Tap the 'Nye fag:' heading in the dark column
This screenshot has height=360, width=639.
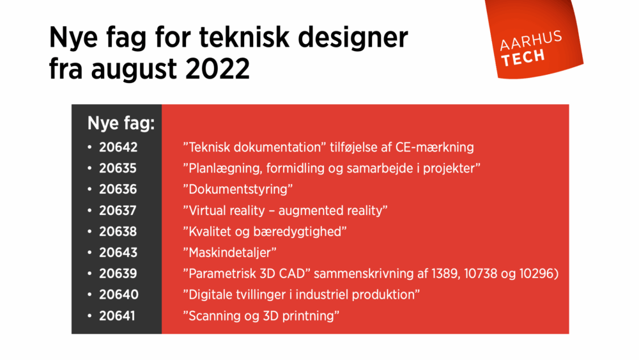click(x=121, y=123)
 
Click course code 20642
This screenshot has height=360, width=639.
click(x=118, y=147)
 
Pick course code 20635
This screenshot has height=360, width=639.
click(x=118, y=168)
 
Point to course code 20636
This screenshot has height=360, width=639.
click(x=118, y=189)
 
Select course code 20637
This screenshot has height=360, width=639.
click(x=118, y=210)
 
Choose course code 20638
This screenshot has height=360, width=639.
click(x=118, y=231)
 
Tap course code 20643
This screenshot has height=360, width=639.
click(x=118, y=253)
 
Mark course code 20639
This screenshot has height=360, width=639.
click(x=118, y=274)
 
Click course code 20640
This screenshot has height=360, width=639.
click(x=118, y=295)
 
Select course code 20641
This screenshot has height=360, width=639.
click(x=118, y=316)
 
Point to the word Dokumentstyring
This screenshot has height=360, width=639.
click(x=238, y=189)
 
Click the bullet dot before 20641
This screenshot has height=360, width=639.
click(x=90, y=316)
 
